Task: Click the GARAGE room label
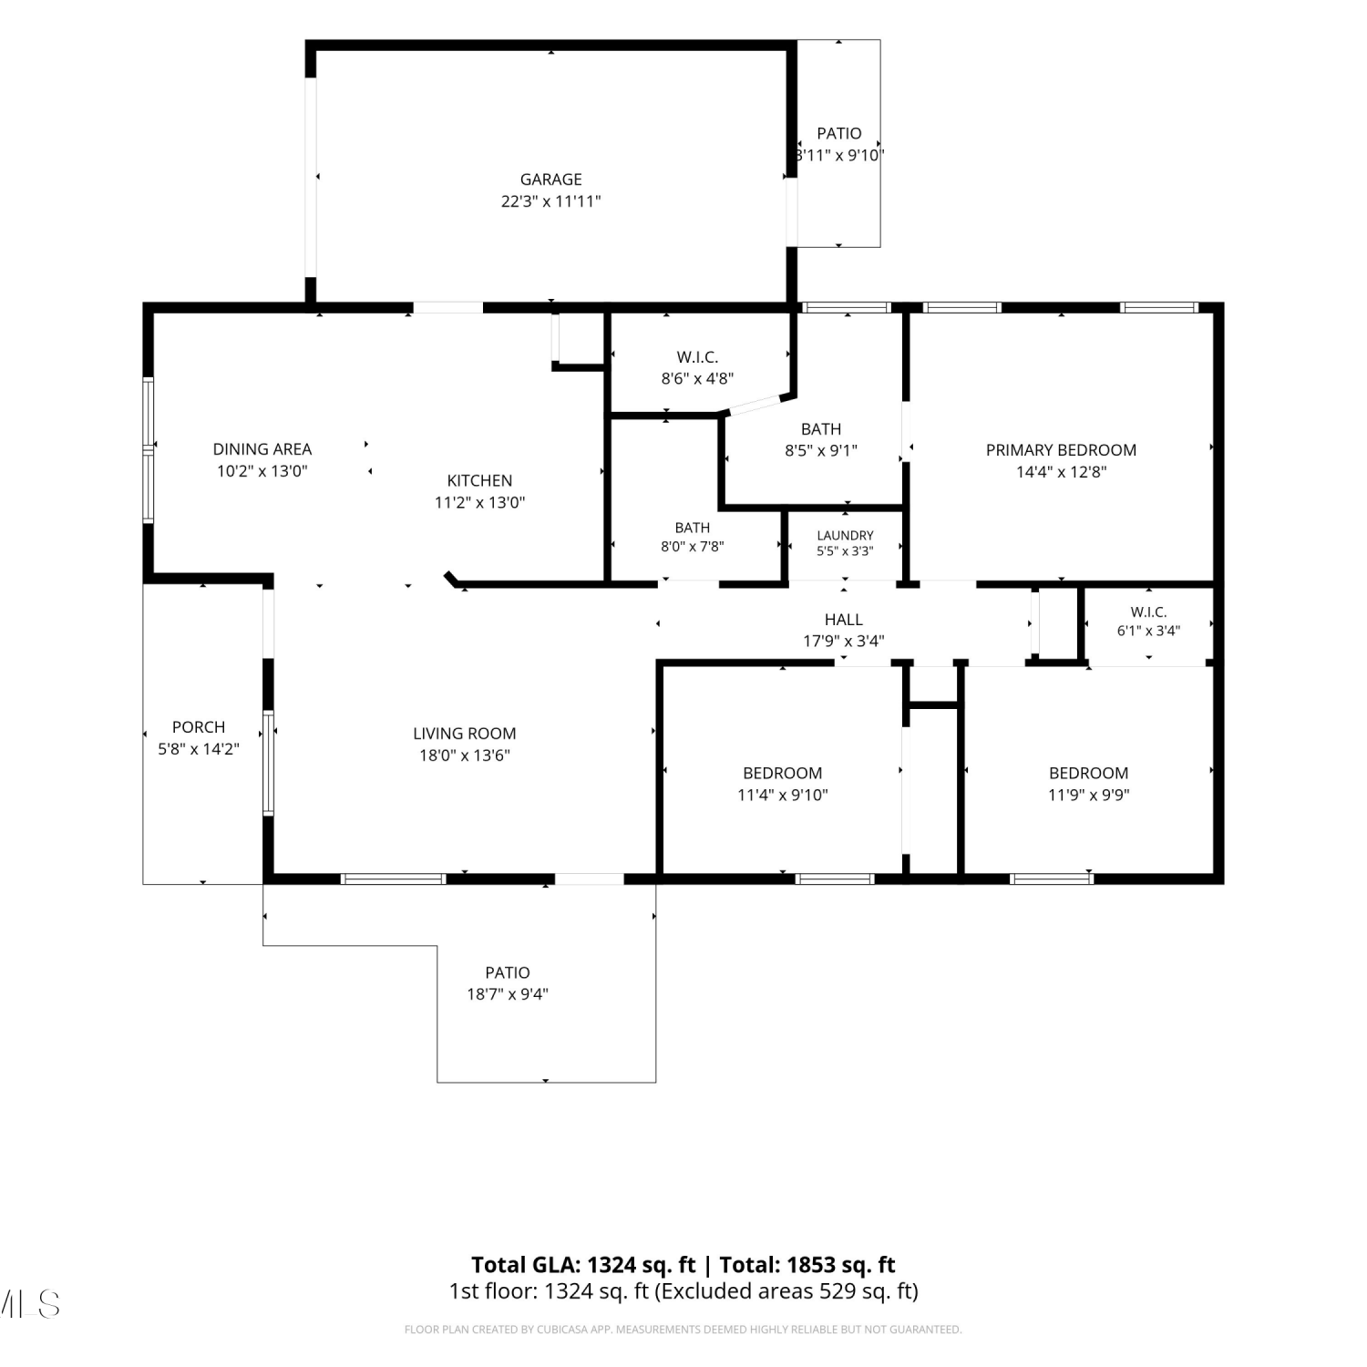point(550,180)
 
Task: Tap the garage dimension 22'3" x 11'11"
point(550,201)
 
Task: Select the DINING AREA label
point(262,449)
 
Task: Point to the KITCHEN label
point(479,480)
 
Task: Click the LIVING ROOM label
point(465,734)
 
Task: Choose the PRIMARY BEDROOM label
point(1061,450)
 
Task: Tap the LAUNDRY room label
point(845,536)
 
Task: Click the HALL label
point(844,620)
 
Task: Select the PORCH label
point(199,727)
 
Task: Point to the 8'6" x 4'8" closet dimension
point(697,378)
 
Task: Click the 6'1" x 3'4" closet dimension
point(1148,631)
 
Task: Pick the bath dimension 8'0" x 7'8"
point(693,547)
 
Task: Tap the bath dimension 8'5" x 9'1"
point(821,450)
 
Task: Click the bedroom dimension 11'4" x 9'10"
point(783,795)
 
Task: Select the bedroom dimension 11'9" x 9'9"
point(1089,795)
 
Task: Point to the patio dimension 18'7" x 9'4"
point(508,994)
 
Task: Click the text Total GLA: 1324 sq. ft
point(583,1265)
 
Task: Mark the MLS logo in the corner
point(29,1304)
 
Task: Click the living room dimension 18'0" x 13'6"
point(465,755)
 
